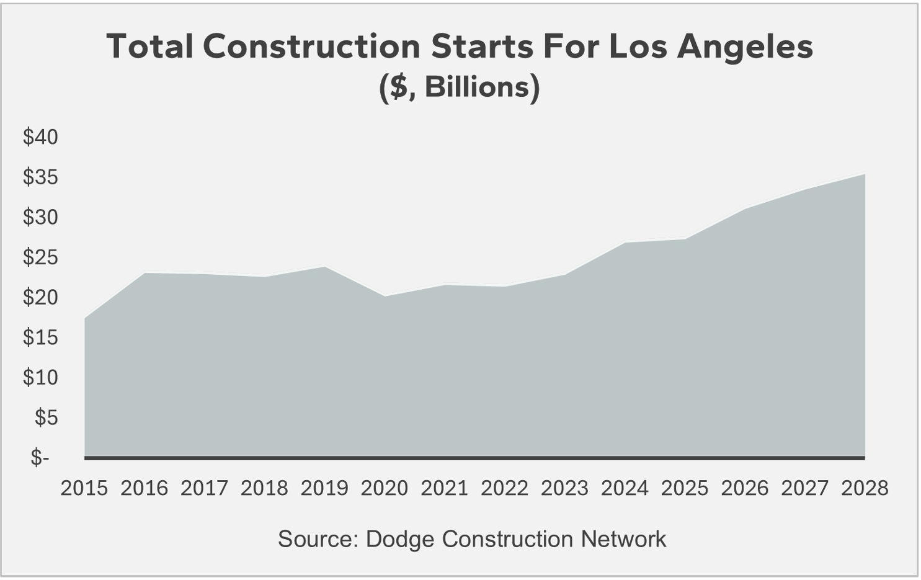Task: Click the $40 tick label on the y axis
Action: click(40, 137)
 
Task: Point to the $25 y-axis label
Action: click(40, 257)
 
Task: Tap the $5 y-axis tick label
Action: click(46, 417)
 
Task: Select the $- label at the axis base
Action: click(40, 458)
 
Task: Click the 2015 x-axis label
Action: click(84, 488)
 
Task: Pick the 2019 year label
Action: click(324, 488)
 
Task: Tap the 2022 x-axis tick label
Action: click(504, 488)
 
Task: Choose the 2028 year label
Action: click(865, 488)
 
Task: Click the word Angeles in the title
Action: click(744, 47)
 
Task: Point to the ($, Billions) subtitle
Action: click(460, 87)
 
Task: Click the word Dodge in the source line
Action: click(399, 538)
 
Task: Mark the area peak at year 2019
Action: click(324, 267)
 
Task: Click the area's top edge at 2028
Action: click(864, 174)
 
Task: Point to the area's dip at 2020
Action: click(385, 296)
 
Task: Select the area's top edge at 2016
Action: click(145, 273)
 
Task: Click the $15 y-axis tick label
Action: click(40, 337)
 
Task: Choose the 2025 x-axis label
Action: click(684, 488)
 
